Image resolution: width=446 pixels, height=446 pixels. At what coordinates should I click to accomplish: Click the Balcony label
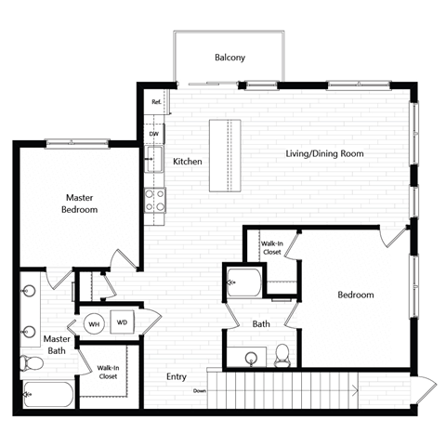click(230, 58)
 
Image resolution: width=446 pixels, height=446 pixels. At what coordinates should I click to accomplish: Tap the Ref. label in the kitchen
click(156, 102)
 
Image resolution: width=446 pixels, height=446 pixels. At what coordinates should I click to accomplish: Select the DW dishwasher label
click(154, 134)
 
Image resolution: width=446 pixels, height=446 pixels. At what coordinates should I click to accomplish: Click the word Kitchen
click(187, 162)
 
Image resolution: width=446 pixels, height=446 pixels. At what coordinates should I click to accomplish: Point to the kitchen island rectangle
click(223, 155)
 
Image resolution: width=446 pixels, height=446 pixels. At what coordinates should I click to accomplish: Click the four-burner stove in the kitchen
click(154, 201)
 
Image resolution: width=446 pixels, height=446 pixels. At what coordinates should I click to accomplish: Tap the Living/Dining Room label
click(323, 153)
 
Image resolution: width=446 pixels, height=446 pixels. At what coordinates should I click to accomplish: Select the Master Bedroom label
click(81, 203)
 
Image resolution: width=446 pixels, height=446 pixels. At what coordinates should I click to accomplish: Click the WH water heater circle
click(94, 324)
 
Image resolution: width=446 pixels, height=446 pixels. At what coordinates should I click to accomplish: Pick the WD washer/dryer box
click(122, 323)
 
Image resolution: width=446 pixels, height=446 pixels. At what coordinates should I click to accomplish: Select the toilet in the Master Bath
click(28, 362)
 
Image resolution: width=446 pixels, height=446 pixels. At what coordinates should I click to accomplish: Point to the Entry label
click(178, 376)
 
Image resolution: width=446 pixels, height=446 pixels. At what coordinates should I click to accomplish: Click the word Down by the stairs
click(200, 391)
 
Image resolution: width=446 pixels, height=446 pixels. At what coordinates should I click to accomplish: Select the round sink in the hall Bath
click(252, 358)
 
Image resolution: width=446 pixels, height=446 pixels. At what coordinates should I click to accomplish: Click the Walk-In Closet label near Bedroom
click(272, 247)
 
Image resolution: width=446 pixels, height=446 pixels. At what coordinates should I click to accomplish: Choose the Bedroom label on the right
click(355, 295)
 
